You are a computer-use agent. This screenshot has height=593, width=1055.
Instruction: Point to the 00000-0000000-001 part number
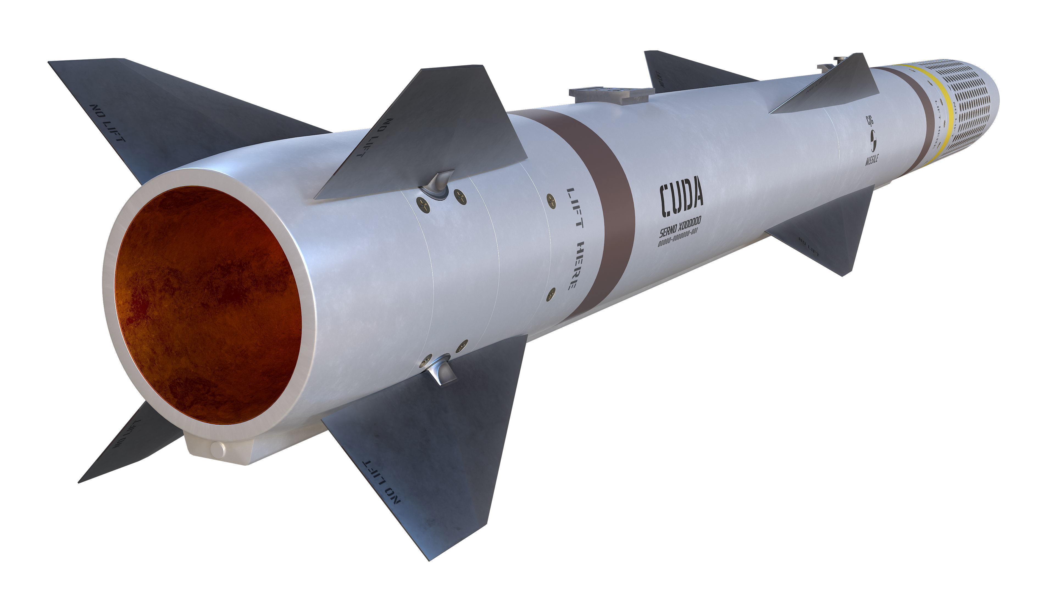coord(678,238)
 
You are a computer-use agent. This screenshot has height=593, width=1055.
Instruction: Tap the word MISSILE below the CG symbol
coord(871,160)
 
